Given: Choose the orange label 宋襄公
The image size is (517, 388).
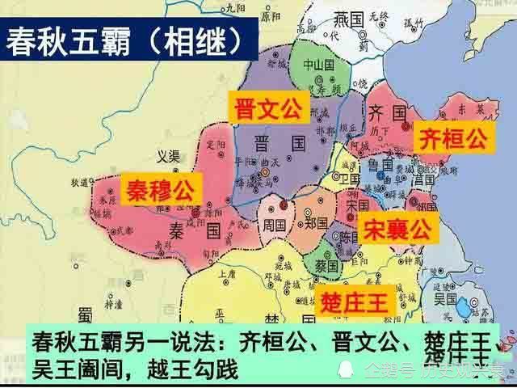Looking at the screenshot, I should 397,229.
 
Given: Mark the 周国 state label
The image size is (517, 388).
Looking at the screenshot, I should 272,219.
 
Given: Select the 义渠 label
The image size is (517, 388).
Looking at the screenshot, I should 167,156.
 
